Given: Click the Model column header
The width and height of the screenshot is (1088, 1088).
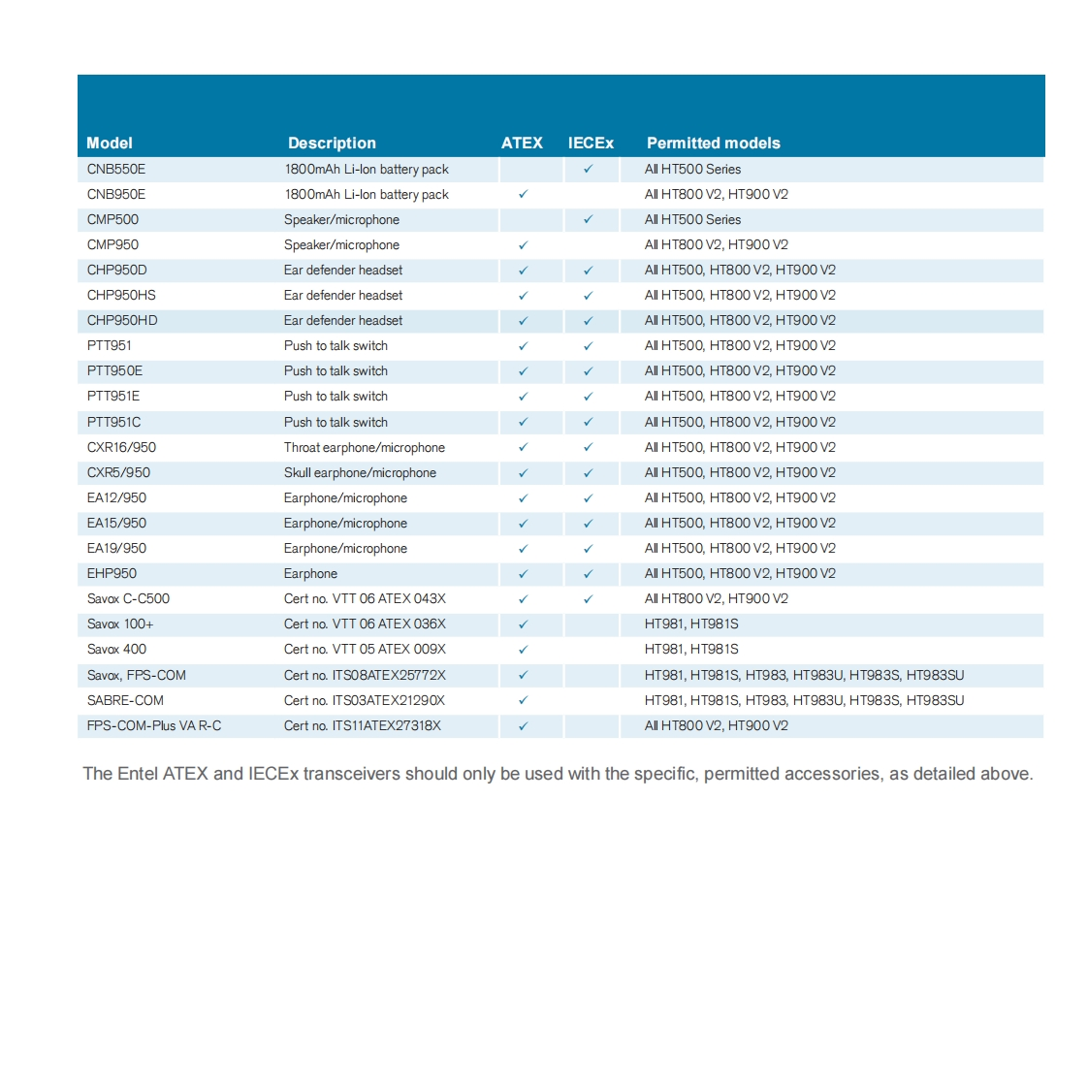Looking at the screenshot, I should click(x=110, y=143).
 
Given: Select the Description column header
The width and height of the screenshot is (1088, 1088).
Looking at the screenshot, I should click(x=332, y=143).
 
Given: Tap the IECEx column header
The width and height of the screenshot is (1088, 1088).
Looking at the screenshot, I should click(x=591, y=143).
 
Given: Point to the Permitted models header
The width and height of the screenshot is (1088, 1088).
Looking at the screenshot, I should click(x=713, y=143).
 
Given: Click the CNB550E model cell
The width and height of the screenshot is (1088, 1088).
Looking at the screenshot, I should click(x=116, y=169).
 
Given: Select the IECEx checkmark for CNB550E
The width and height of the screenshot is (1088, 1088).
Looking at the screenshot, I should click(x=588, y=169).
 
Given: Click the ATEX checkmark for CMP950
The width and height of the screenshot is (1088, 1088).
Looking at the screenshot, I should click(x=523, y=245).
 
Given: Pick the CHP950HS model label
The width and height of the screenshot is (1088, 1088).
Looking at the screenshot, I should click(x=121, y=295).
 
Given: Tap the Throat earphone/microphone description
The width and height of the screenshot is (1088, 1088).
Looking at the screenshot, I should click(x=365, y=447).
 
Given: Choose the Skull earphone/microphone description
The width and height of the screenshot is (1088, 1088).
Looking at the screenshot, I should click(x=360, y=472).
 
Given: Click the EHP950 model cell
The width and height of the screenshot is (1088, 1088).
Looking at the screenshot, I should click(x=112, y=573).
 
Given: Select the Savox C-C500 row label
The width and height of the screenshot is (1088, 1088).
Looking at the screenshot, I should click(x=128, y=598).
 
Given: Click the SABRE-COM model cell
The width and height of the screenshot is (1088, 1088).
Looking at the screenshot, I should click(x=125, y=700).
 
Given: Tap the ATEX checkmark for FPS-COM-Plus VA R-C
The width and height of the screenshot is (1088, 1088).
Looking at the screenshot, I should click(x=523, y=725).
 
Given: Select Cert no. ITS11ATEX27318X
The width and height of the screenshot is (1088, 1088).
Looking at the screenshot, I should click(x=363, y=725).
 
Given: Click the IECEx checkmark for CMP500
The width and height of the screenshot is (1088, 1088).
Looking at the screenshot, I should click(x=588, y=219).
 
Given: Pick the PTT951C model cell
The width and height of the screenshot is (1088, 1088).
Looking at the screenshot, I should click(x=114, y=422).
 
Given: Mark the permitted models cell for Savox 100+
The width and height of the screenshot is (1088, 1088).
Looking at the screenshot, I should click(x=691, y=624).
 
